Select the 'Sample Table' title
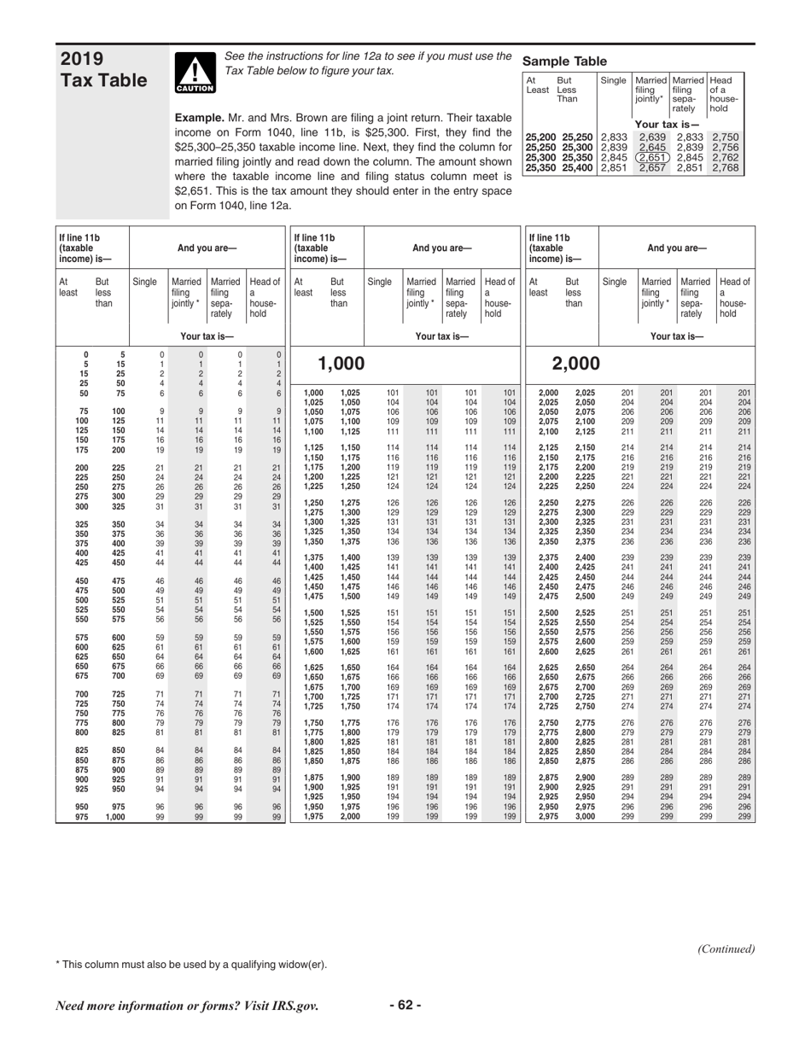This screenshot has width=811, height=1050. (564, 61)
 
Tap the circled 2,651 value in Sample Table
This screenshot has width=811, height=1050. (653, 156)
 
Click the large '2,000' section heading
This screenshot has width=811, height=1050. (577, 365)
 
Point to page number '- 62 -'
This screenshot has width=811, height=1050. (405, 1005)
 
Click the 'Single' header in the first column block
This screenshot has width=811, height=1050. (145, 281)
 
